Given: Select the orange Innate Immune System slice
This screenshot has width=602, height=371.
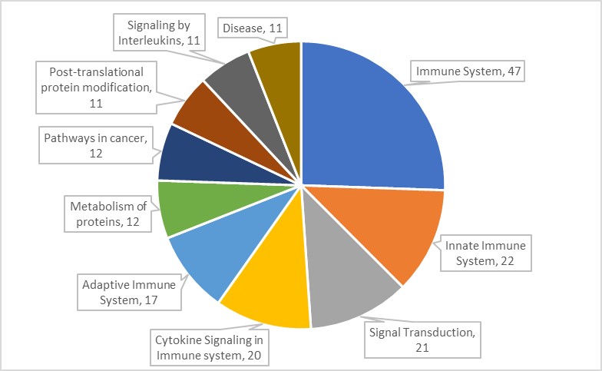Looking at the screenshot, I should point(369,230).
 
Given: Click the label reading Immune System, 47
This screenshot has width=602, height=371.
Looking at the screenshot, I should point(458,71).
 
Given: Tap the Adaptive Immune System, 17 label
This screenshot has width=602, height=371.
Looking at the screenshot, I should point(128,292).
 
